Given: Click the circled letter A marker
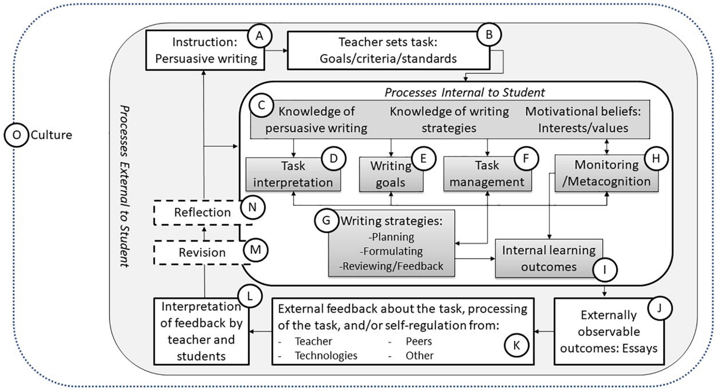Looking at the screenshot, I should coord(259,36).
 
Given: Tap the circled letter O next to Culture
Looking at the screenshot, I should coord(16,135).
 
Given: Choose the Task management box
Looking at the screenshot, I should coord(487,174).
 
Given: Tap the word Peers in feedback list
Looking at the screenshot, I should coord(419,341).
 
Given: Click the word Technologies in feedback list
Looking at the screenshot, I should coord(326,355).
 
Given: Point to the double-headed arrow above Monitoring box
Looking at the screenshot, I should coord(607,147).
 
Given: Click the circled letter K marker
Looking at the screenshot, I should coord(516,345).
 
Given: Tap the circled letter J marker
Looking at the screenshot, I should coord(659,308).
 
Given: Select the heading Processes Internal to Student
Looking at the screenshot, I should coord(464,93).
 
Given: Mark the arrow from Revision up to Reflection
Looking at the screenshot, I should coord(204,233).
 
